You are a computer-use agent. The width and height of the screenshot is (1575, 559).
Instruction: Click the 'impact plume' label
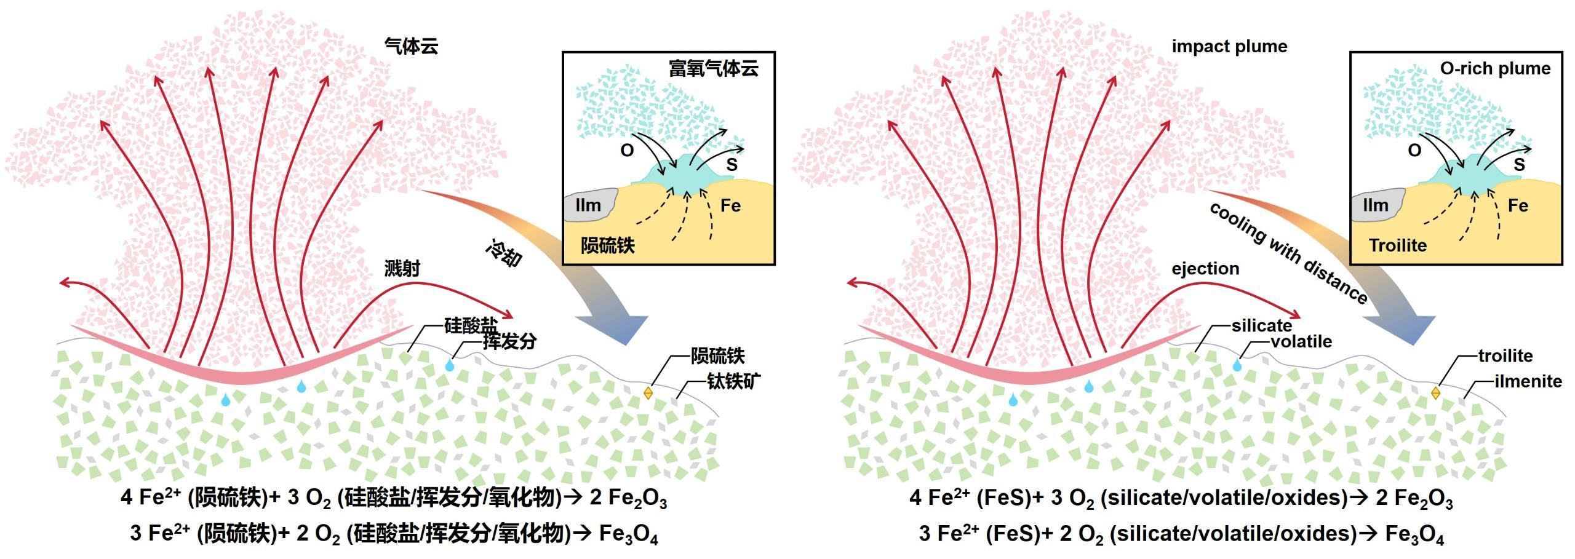pyautogui.click(x=1229, y=47)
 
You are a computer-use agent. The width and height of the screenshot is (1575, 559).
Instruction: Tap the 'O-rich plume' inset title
pyautogui.click(x=1494, y=68)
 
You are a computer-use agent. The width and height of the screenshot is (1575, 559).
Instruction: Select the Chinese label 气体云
pyautogui.click(x=411, y=46)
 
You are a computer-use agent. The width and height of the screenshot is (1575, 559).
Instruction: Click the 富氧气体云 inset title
pyautogui.click(x=713, y=68)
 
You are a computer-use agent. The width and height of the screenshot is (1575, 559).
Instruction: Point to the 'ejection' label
pyautogui.click(x=1205, y=269)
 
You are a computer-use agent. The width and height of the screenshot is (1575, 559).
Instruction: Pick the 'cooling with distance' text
pyautogui.click(x=1288, y=253)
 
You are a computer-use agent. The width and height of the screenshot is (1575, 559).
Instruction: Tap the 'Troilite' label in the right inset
pyautogui.click(x=1397, y=245)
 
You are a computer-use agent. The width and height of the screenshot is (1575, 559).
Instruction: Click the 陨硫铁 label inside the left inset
pyautogui.click(x=607, y=245)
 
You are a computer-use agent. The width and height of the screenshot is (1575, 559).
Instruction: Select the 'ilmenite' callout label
pyautogui.click(x=1528, y=381)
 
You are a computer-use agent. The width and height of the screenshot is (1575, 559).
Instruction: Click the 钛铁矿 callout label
pyautogui.click(x=733, y=381)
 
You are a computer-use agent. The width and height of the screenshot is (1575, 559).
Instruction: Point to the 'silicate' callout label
pyautogui.click(x=1261, y=326)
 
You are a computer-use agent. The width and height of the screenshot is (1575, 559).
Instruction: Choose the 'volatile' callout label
pyautogui.click(x=1301, y=341)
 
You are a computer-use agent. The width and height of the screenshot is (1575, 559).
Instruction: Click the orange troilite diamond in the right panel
pyautogui.click(x=1435, y=392)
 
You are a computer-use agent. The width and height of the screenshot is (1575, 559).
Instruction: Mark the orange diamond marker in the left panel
pyautogui.click(x=648, y=392)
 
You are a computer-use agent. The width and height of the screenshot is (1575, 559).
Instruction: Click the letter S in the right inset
pyautogui.click(x=1519, y=165)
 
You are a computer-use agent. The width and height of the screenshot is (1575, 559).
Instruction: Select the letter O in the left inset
pyautogui.click(x=626, y=151)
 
